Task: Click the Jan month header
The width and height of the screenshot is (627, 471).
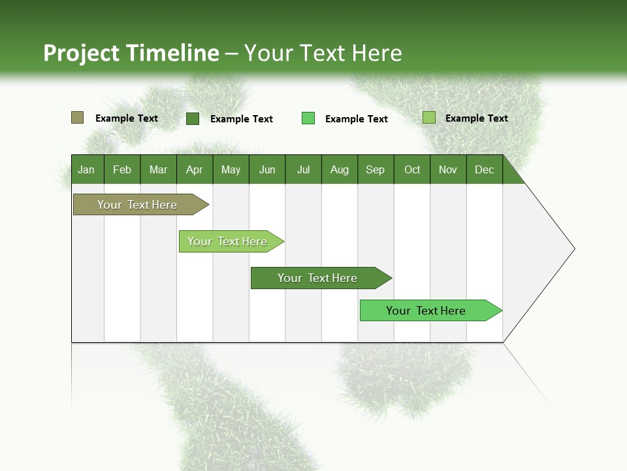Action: point(86,169)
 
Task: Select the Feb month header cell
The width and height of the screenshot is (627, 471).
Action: point(122,169)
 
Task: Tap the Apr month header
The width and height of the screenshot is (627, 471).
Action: point(194,169)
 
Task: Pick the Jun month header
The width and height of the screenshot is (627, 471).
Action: point(267,169)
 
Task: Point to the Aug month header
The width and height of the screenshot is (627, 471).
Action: point(339,169)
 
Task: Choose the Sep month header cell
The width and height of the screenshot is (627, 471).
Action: point(375,169)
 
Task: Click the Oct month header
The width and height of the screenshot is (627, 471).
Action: point(412,169)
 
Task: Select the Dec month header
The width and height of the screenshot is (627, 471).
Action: point(484,169)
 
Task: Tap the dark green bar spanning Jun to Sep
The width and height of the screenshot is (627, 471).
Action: point(318,278)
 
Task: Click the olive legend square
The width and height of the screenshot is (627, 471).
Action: point(77,118)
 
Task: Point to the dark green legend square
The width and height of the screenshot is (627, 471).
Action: point(192,118)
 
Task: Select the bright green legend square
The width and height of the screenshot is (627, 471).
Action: point(308,118)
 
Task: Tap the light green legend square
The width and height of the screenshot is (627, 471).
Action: point(428,118)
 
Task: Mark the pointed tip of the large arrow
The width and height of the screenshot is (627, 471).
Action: point(573,249)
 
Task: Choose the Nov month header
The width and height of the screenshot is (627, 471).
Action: point(447,169)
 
